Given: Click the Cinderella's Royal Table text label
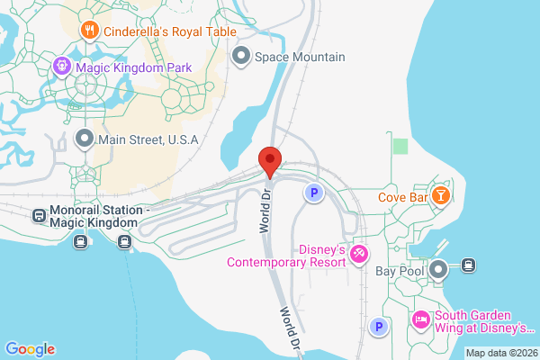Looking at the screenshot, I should [x=170, y=31].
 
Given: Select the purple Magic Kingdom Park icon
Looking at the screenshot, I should [x=61, y=65].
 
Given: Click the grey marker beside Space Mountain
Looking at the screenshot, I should [x=240, y=57].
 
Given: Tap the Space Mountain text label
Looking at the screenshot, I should [x=300, y=57].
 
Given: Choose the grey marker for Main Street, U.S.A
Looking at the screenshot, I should [x=85, y=139].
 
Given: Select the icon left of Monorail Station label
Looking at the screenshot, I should [x=40, y=216].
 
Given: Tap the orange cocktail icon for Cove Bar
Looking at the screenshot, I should [x=441, y=195].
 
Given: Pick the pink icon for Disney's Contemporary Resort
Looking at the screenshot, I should [x=359, y=255].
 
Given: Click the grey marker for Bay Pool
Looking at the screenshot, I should [x=438, y=269].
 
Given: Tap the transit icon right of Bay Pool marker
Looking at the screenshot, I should [x=467, y=265].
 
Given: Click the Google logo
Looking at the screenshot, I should [x=30, y=349].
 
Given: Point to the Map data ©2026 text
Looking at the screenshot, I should [x=500, y=352].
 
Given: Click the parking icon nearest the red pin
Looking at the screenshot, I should [x=313, y=193].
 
